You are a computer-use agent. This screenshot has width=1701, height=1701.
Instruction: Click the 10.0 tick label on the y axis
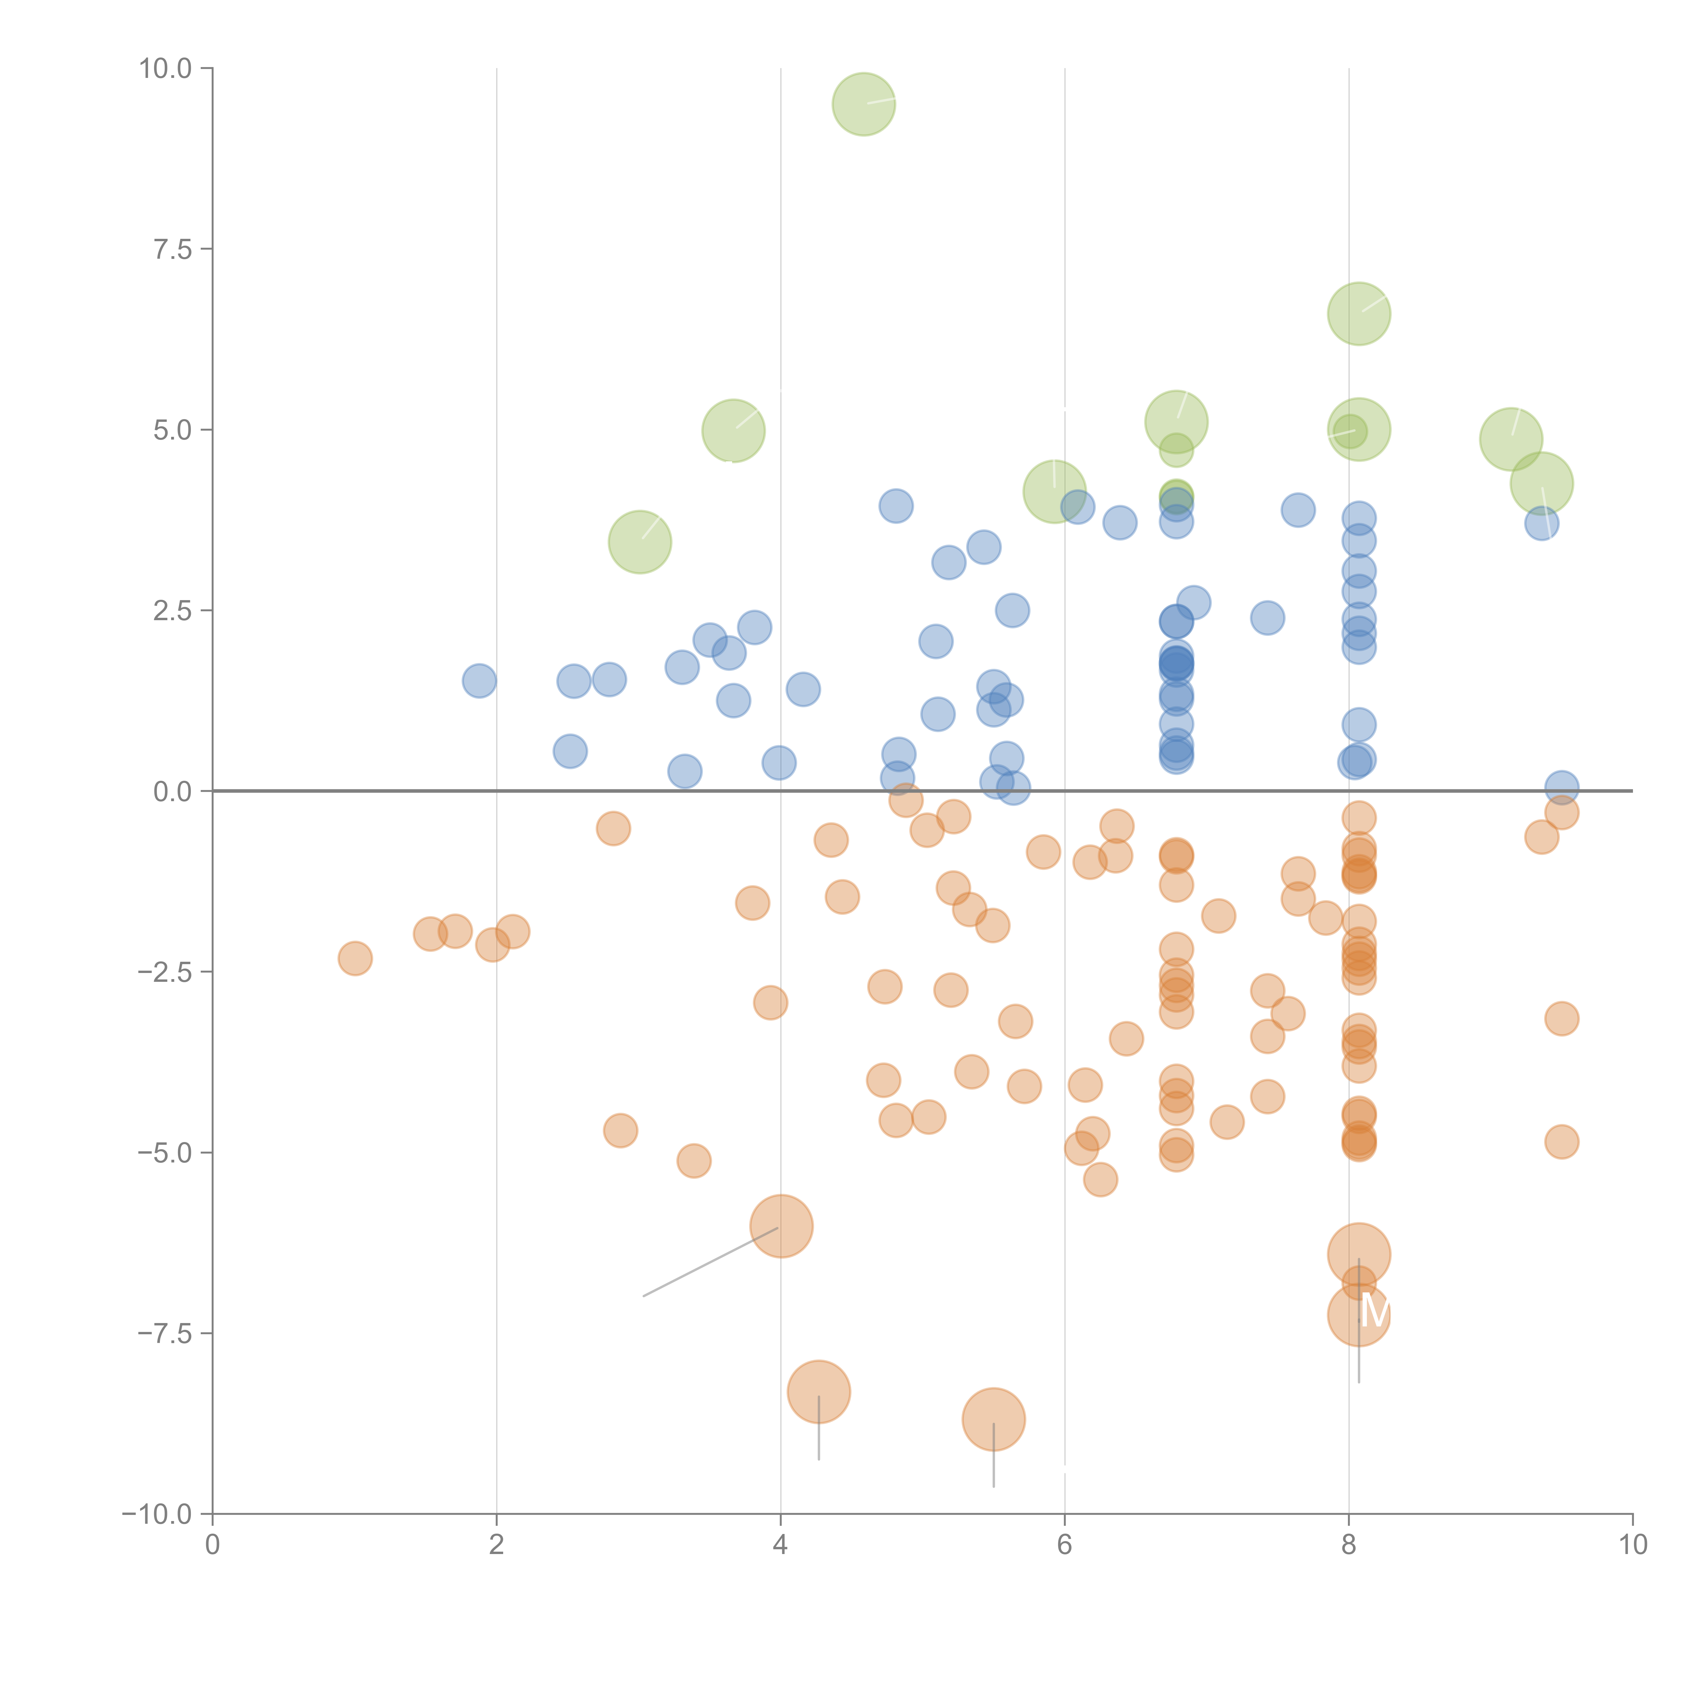166,69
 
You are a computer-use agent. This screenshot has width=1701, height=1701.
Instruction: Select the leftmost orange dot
355,958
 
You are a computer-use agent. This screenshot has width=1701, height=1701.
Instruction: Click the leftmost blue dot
479,681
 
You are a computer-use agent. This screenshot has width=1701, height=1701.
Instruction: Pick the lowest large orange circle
993,1419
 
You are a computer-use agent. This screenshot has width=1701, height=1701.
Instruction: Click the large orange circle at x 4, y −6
781,1226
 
